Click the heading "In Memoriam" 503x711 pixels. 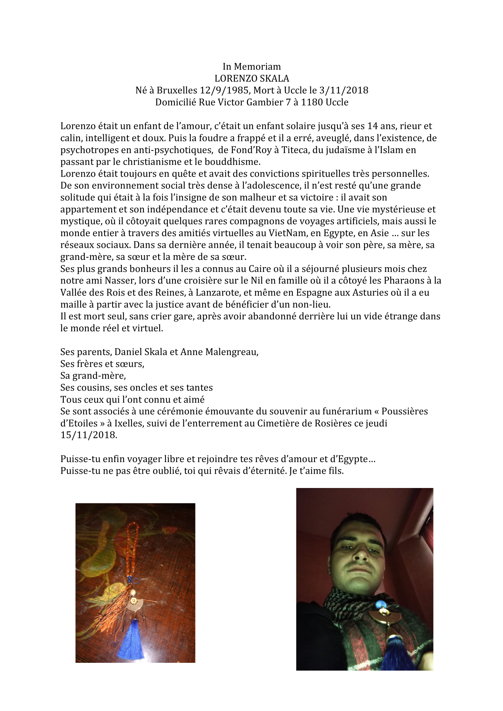click(x=252, y=66)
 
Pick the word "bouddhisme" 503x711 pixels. click(x=234, y=162)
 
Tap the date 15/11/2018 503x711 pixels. click(x=88, y=435)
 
